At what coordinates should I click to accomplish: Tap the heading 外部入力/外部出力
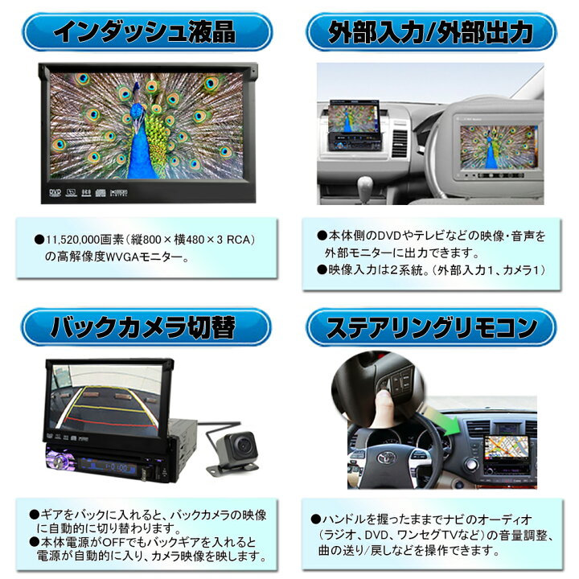[431, 33]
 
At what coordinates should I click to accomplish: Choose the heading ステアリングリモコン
[431, 327]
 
